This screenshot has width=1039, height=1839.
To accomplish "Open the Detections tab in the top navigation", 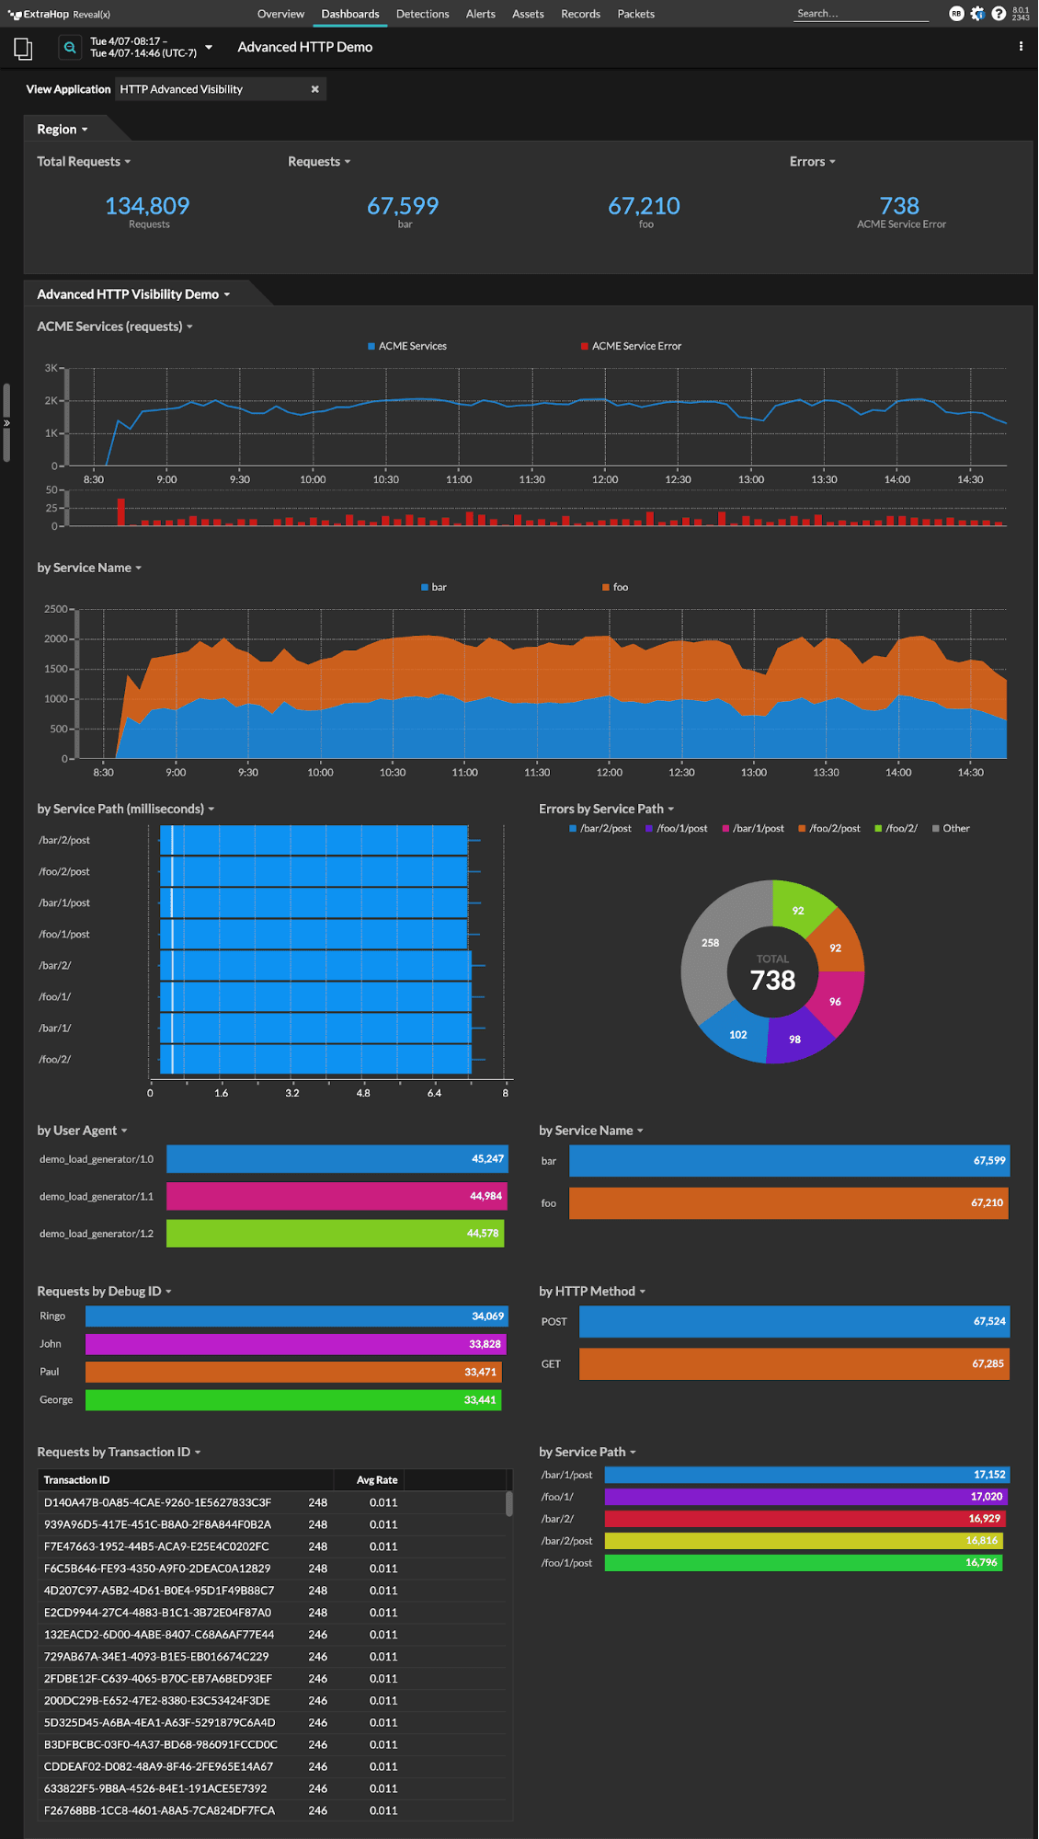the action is tap(422, 14).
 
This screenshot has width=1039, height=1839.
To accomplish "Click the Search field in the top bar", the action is tap(861, 14).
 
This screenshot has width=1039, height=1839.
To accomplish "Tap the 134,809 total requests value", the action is tap(147, 205).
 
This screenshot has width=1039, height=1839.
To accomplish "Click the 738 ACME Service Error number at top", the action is tap(899, 205).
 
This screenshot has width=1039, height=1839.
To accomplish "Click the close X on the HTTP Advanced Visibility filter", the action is tap(314, 89).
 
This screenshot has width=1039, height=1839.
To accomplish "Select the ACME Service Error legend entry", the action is tap(632, 346).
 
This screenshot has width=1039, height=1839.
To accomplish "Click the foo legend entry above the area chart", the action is tap(615, 587).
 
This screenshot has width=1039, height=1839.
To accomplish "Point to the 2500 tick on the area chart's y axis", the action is tap(56, 609).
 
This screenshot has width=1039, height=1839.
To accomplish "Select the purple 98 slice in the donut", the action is tap(797, 1038).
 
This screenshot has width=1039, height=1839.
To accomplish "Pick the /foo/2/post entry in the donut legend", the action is tap(829, 828).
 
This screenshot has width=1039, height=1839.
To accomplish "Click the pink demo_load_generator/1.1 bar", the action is tap(336, 1196).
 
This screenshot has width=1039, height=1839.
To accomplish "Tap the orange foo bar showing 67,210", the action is tap(789, 1202).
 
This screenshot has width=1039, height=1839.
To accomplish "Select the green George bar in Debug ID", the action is tap(293, 1399).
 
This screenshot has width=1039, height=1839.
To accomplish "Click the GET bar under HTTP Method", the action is tap(794, 1363).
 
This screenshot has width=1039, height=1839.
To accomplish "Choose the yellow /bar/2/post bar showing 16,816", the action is tap(804, 1540).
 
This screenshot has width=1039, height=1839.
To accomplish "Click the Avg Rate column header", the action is tap(377, 1480).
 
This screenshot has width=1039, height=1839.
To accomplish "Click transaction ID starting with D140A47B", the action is tap(157, 1502).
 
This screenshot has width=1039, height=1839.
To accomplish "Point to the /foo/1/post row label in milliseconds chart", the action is tap(64, 934).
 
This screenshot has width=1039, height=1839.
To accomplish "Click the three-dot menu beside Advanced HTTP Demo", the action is tap(1021, 46).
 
